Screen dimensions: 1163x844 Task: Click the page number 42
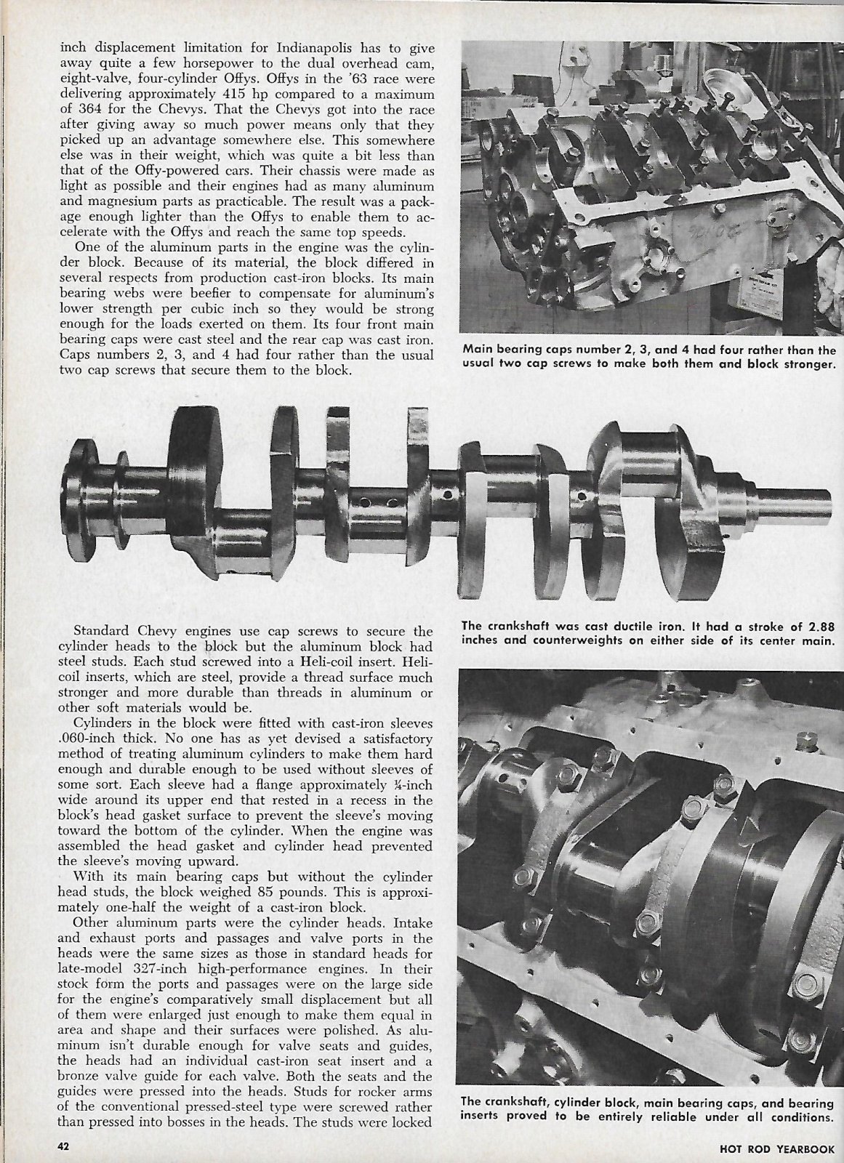[x=63, y=1146]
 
